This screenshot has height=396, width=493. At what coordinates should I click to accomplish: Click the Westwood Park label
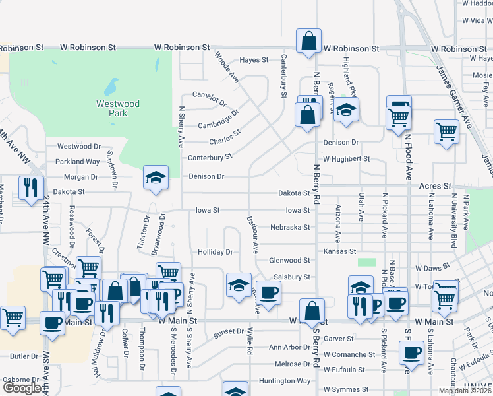coord(118,108)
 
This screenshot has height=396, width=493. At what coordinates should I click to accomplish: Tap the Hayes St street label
coord(254,60)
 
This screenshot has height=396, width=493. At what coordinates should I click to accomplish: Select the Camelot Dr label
coord(209,94)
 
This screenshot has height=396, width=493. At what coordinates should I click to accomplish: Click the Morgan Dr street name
coord(81,177)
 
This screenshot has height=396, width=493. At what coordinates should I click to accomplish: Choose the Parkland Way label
coord(78,162)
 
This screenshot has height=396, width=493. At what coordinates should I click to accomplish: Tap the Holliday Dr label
coord(216,252)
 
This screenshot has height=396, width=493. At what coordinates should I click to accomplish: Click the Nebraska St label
coord(290,227)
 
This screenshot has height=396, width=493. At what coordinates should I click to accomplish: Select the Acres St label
coord(434,186)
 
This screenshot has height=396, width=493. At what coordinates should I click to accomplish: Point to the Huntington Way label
coord(285,381)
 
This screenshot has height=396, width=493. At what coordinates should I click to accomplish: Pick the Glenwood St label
coord(289,261)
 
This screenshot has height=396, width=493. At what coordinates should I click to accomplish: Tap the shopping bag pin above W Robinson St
coord(308,41)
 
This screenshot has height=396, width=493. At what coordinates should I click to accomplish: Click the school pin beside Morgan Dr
coord(156,178)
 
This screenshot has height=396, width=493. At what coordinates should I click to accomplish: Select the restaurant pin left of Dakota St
coord(31,188)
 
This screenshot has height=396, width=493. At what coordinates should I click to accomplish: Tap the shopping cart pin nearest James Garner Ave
coord(446,131)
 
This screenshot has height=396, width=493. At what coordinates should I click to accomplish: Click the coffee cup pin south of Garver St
coord(412,352)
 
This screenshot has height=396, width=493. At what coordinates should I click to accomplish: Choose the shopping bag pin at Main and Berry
coord(312,311)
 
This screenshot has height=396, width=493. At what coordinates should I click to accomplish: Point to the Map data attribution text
coord(465,391)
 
